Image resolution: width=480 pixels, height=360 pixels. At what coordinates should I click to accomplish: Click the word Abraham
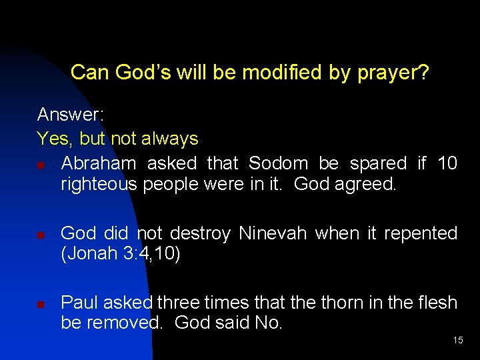(x=98, y=163)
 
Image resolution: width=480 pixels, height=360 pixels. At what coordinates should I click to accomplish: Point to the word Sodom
(x=278, y=163)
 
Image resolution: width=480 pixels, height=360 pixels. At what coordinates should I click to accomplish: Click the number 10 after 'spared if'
(x=447, y=163)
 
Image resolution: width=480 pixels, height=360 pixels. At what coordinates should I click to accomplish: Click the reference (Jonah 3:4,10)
(x=121, y=255)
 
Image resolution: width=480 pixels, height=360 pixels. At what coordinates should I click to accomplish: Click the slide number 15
(x=458, y=341)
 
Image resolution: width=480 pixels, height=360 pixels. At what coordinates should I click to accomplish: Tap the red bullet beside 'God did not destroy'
(x=41, y=235)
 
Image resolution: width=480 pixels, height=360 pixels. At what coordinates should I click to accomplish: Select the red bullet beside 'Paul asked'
(x=41, y=305)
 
